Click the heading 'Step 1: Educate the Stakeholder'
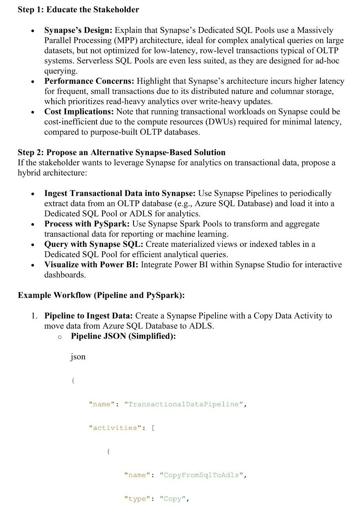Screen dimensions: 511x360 (78, 10)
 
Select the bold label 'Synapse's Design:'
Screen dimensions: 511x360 (78, 30)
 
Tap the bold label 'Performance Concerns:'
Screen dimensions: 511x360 (89, 81)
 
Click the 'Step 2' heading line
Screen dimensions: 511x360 (121, 152)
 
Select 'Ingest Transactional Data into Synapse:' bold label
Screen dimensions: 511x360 (120, 193)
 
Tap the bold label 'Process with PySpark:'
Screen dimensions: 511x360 (87, 224)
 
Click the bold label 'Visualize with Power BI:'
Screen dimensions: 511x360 (91, 265)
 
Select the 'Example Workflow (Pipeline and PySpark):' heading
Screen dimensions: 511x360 (101, 295)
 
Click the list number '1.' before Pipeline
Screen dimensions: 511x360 (35, 315)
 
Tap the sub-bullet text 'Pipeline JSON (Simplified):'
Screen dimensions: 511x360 (123, 336)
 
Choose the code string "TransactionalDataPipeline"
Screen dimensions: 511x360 (183, 404)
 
